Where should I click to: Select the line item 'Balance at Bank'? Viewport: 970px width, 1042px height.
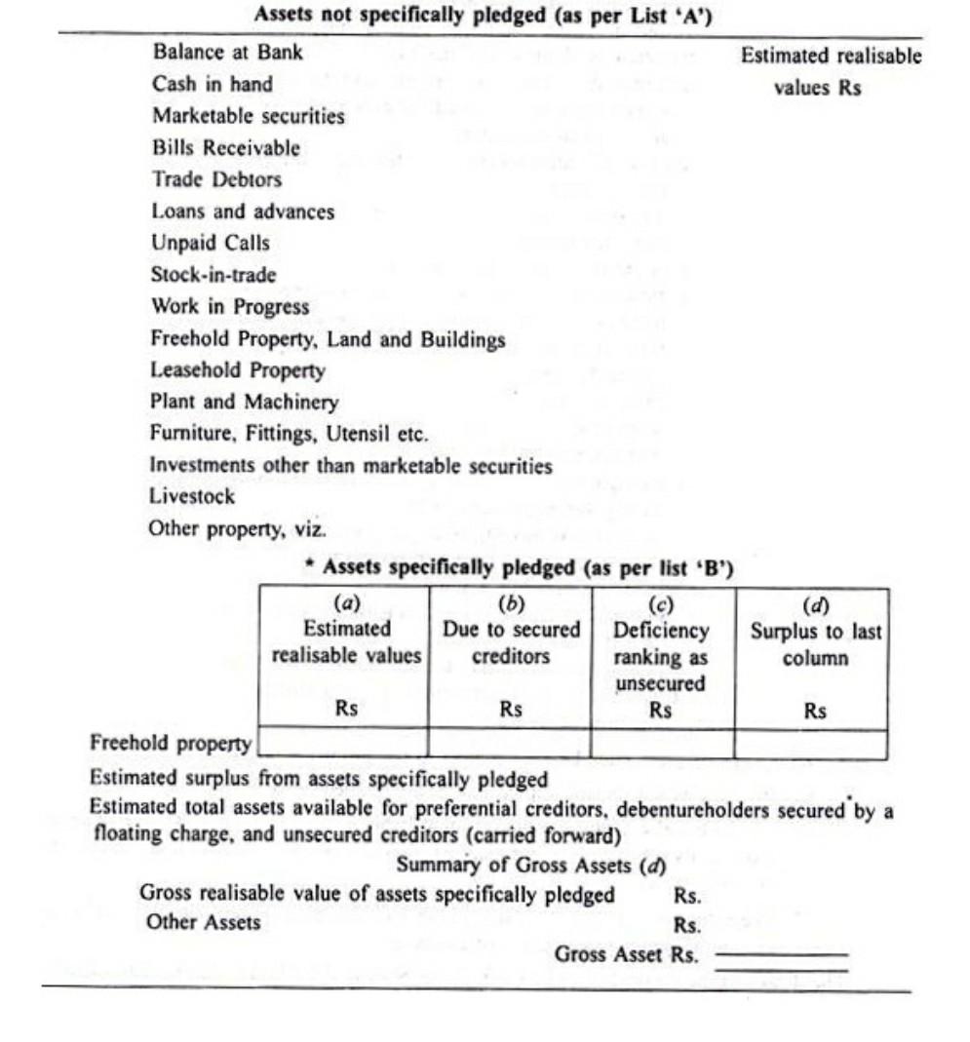[x=227, y=53]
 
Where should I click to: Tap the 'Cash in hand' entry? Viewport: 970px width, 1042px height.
[x=213, y=84]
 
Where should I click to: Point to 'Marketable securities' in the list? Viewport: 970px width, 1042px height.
[x=248, y=116]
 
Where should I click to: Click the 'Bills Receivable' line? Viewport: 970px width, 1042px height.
[x=226, y=148]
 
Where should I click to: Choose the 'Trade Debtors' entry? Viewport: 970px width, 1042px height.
[x=216, y=179]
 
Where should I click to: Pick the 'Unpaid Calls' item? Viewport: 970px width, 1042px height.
[x=211, y=243]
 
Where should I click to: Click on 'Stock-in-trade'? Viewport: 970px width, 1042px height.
[x=213, y=275]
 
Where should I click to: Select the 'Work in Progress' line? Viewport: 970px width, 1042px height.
[x=230, y=306]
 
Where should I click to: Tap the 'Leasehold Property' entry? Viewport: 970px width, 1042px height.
[x=238, y=370]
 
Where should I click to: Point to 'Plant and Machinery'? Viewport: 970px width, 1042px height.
[x=244, y=402]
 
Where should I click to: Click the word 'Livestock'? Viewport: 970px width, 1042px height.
[x=192, y=496]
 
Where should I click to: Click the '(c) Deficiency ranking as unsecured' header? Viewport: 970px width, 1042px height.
[x=661, y=655]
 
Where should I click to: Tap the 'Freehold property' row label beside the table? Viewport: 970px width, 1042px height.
[x=171, y=743]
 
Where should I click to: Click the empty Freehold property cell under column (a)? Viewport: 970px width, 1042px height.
[x=344, y=744]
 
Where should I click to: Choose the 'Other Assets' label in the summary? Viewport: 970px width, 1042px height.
[x=204, y=922]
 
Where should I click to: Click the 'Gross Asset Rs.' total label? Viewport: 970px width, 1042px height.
[x=626, y=955]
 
